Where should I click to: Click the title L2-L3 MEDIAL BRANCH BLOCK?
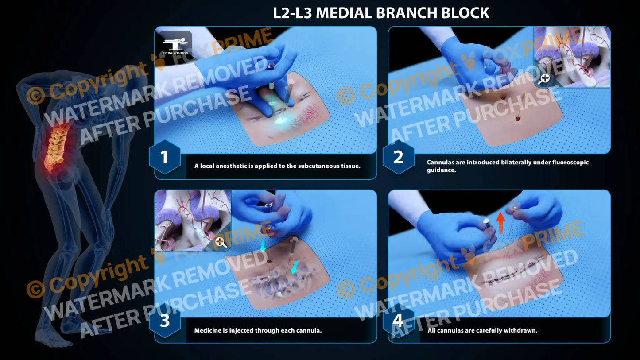[381, 12]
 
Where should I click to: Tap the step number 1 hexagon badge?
[164, 157]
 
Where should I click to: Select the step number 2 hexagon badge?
[398, 157]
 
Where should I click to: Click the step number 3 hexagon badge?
[164, 321]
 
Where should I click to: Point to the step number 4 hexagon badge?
[398, 321]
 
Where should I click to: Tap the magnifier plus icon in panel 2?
[544, 79]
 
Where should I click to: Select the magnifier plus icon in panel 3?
[221, 242]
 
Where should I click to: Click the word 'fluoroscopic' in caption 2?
[568, 163]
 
